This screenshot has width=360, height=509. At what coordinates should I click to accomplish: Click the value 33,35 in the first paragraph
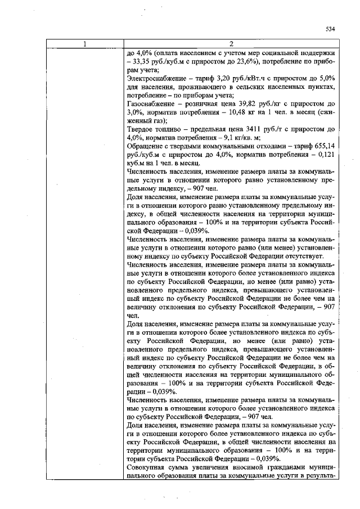(x=141, y=61)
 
